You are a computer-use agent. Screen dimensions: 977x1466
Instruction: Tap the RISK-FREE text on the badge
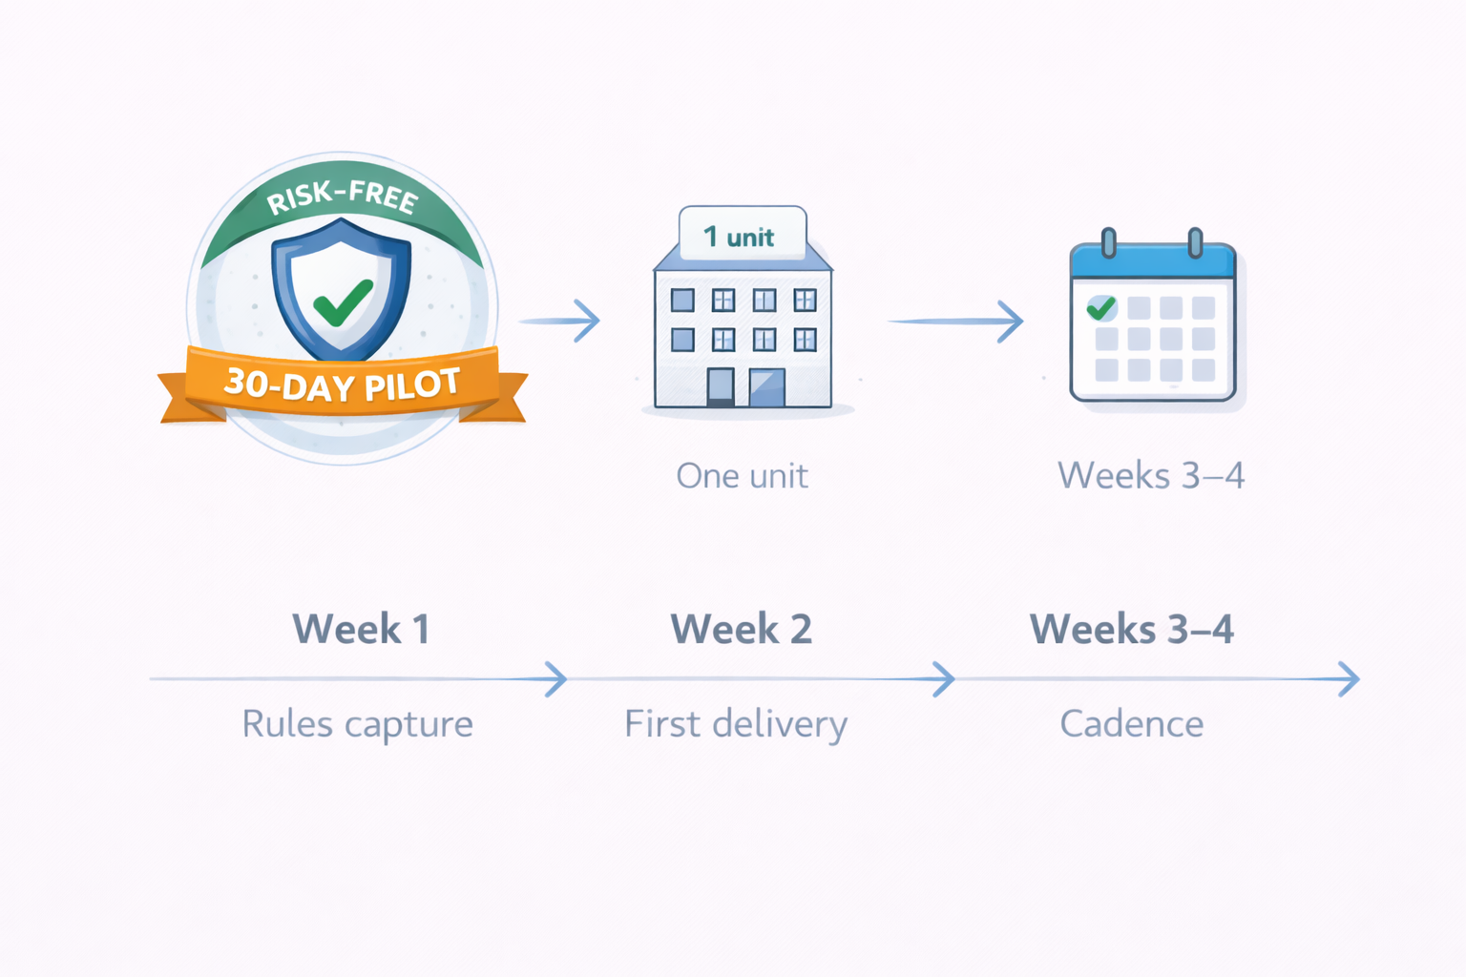(x=342, y=196)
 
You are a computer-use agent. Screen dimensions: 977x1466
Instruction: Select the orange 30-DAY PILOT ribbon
(x=342, y=385)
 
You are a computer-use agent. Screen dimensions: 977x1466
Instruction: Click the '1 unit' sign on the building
(x=742, y=236)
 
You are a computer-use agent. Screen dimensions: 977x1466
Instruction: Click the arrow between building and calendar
(x=956, y=322)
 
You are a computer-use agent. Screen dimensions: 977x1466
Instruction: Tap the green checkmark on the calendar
(x=1101, y=307)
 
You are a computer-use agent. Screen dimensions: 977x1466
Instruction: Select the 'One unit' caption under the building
(x=742, y=475)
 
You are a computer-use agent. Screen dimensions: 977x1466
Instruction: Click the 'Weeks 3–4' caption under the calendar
(x=1150, y=475)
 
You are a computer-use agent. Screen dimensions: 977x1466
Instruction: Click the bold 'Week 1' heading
(x=361, y=630)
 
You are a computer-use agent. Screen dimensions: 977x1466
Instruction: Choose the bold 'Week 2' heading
(x=741, y=630)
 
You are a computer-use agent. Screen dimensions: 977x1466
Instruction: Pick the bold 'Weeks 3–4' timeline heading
(x=1131, y=630)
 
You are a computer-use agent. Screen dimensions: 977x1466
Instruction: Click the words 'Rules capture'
(x=357, y=724)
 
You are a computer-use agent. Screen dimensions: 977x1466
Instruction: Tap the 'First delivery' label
(x=735, y=724)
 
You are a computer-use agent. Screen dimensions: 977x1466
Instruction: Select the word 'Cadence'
(x=1131, y=724)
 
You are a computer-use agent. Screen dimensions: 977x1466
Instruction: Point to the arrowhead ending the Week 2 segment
(x=944, y=679)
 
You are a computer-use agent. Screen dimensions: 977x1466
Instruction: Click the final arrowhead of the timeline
(x=1350, y=679)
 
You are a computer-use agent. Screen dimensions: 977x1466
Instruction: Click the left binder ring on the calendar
(x=1108, y=242)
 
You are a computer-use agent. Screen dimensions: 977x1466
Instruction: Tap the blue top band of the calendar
(x=1152, y=262)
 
